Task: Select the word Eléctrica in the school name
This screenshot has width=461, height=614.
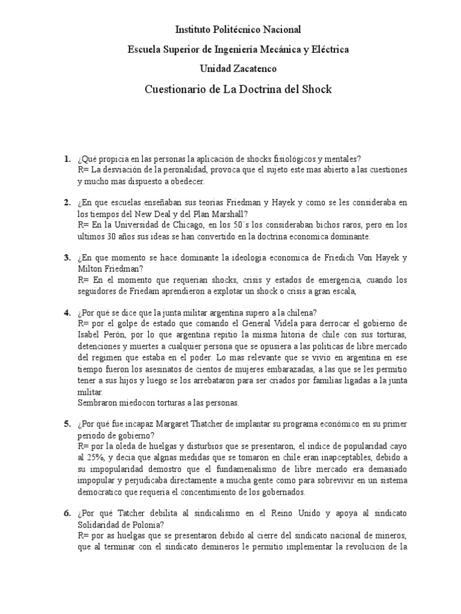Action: (327, 49)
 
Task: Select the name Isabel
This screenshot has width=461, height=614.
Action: (90, 336)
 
